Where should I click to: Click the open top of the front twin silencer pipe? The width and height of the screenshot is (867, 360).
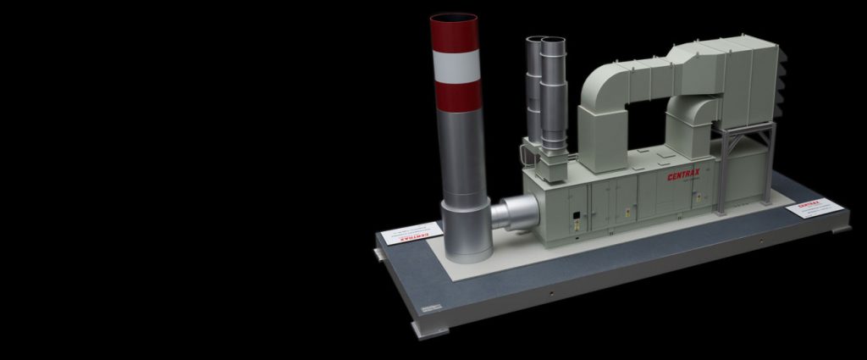[553, 41]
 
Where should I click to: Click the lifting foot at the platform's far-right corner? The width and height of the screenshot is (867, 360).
[842, 229]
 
